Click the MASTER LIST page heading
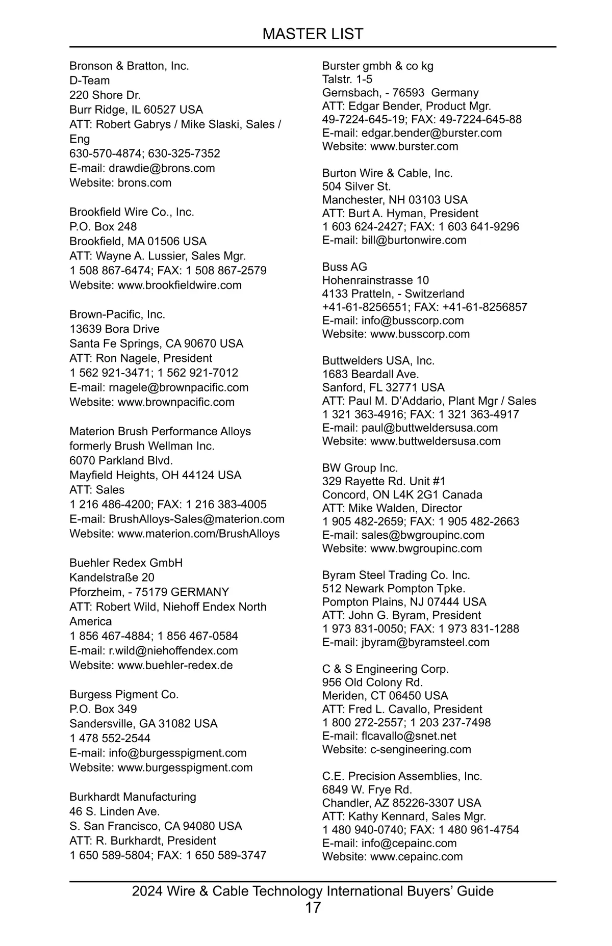coord(313,34)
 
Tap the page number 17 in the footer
coord(313,907)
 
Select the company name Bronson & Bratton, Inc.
coord(129,66)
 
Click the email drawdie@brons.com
coord(162,168)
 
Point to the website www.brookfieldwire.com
coord(180,285)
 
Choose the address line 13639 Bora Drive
coord(114,329)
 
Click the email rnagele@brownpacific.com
coord(178,387)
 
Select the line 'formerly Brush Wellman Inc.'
coord(142,446)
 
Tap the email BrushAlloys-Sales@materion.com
coord(196,519)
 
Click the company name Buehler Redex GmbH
coord(126,563)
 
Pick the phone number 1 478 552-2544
coord(110,738)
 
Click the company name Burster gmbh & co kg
coord(377,66)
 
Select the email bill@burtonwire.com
coord(414,240)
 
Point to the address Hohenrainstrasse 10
coord(375,280)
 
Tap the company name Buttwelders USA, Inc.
coord(378,361)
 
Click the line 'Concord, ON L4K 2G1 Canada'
coord(402,495)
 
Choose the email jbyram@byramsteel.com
coord(425,642)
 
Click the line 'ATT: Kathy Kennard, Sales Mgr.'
coord(404,817)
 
